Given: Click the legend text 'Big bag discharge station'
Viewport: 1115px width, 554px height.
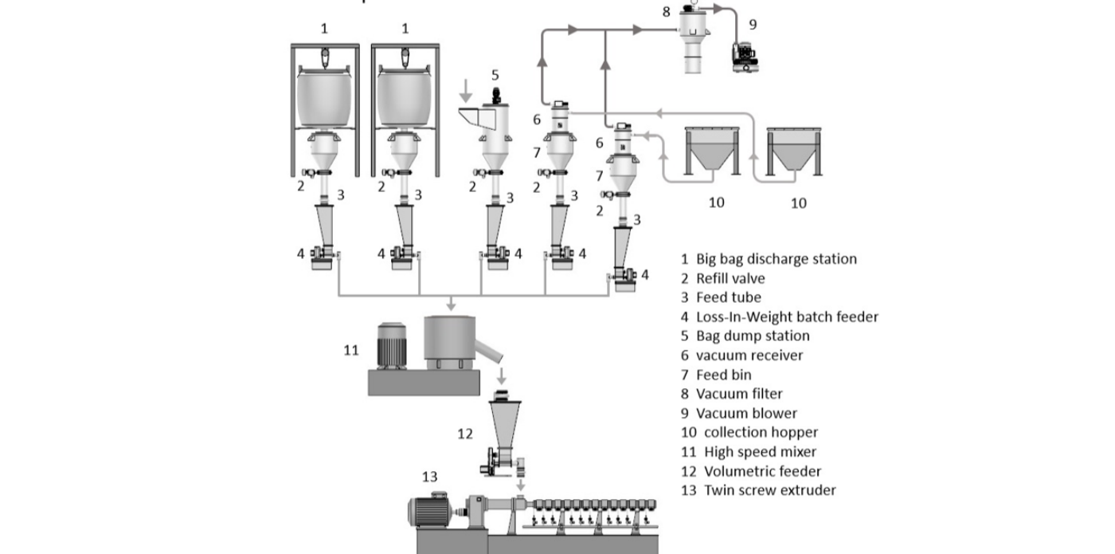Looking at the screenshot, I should pos(776,259).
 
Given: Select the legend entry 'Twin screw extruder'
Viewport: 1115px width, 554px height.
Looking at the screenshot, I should pos(769,490).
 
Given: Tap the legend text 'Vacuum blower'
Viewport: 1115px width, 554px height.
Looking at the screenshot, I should pos(745,413).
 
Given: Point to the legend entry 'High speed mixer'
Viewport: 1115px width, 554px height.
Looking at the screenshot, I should pos(759,452).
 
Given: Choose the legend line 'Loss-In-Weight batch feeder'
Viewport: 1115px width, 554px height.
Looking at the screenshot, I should pos(786,316).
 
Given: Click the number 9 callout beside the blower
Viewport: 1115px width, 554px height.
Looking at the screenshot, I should pos(753,25).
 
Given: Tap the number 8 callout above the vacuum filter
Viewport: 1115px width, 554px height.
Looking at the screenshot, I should pos(667,11).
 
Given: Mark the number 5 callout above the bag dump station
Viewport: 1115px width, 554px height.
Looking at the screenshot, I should pos(495,75).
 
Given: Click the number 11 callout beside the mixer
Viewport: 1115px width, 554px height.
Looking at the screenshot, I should pos(351,349).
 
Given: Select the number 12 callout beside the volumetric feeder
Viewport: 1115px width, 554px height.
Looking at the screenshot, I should pos(465,434).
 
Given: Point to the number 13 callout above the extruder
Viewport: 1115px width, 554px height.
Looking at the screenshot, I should pos(429,477).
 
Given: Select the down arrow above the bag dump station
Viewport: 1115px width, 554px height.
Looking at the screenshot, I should pos(466,90).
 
